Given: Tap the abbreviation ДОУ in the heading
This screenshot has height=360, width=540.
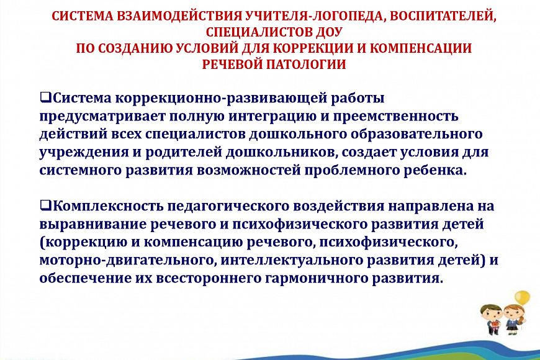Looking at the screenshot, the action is click(328, 32).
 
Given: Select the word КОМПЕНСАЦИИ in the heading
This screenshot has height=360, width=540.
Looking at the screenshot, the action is click(421, 48).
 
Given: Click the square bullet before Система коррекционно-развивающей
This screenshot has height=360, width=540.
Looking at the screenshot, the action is click(45, 97).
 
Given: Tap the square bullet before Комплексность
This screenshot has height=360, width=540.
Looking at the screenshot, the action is click(45, 205).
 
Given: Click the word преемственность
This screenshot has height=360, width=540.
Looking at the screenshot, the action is click(395, 117).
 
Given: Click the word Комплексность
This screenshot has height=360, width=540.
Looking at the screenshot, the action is click(108, 206).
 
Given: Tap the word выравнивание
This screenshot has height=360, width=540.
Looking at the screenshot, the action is click(93, 225).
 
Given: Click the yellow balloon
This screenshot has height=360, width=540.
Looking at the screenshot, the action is click(522, 297).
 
